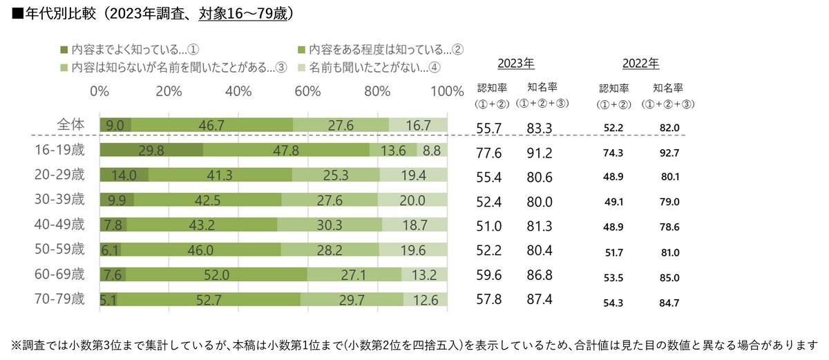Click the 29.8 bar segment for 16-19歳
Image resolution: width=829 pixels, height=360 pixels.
pos(151,150)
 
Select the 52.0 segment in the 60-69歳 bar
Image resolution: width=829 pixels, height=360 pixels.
pos(216,275)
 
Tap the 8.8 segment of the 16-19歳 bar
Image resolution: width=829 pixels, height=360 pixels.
pos(432,150)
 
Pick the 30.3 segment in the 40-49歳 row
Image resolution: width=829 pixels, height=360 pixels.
pos(330,225)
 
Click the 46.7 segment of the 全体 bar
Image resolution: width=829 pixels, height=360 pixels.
pos(211,125)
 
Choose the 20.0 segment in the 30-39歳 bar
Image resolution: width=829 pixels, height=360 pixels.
pos(412,200)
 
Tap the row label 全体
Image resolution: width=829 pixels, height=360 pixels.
pos(70,124)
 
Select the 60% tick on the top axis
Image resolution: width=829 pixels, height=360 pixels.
pos(307,92)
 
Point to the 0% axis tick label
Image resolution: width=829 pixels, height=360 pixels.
pos(99,92)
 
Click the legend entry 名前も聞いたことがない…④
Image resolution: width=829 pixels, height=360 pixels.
pos(370,67)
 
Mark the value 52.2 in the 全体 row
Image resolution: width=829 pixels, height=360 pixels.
pos(613,128)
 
